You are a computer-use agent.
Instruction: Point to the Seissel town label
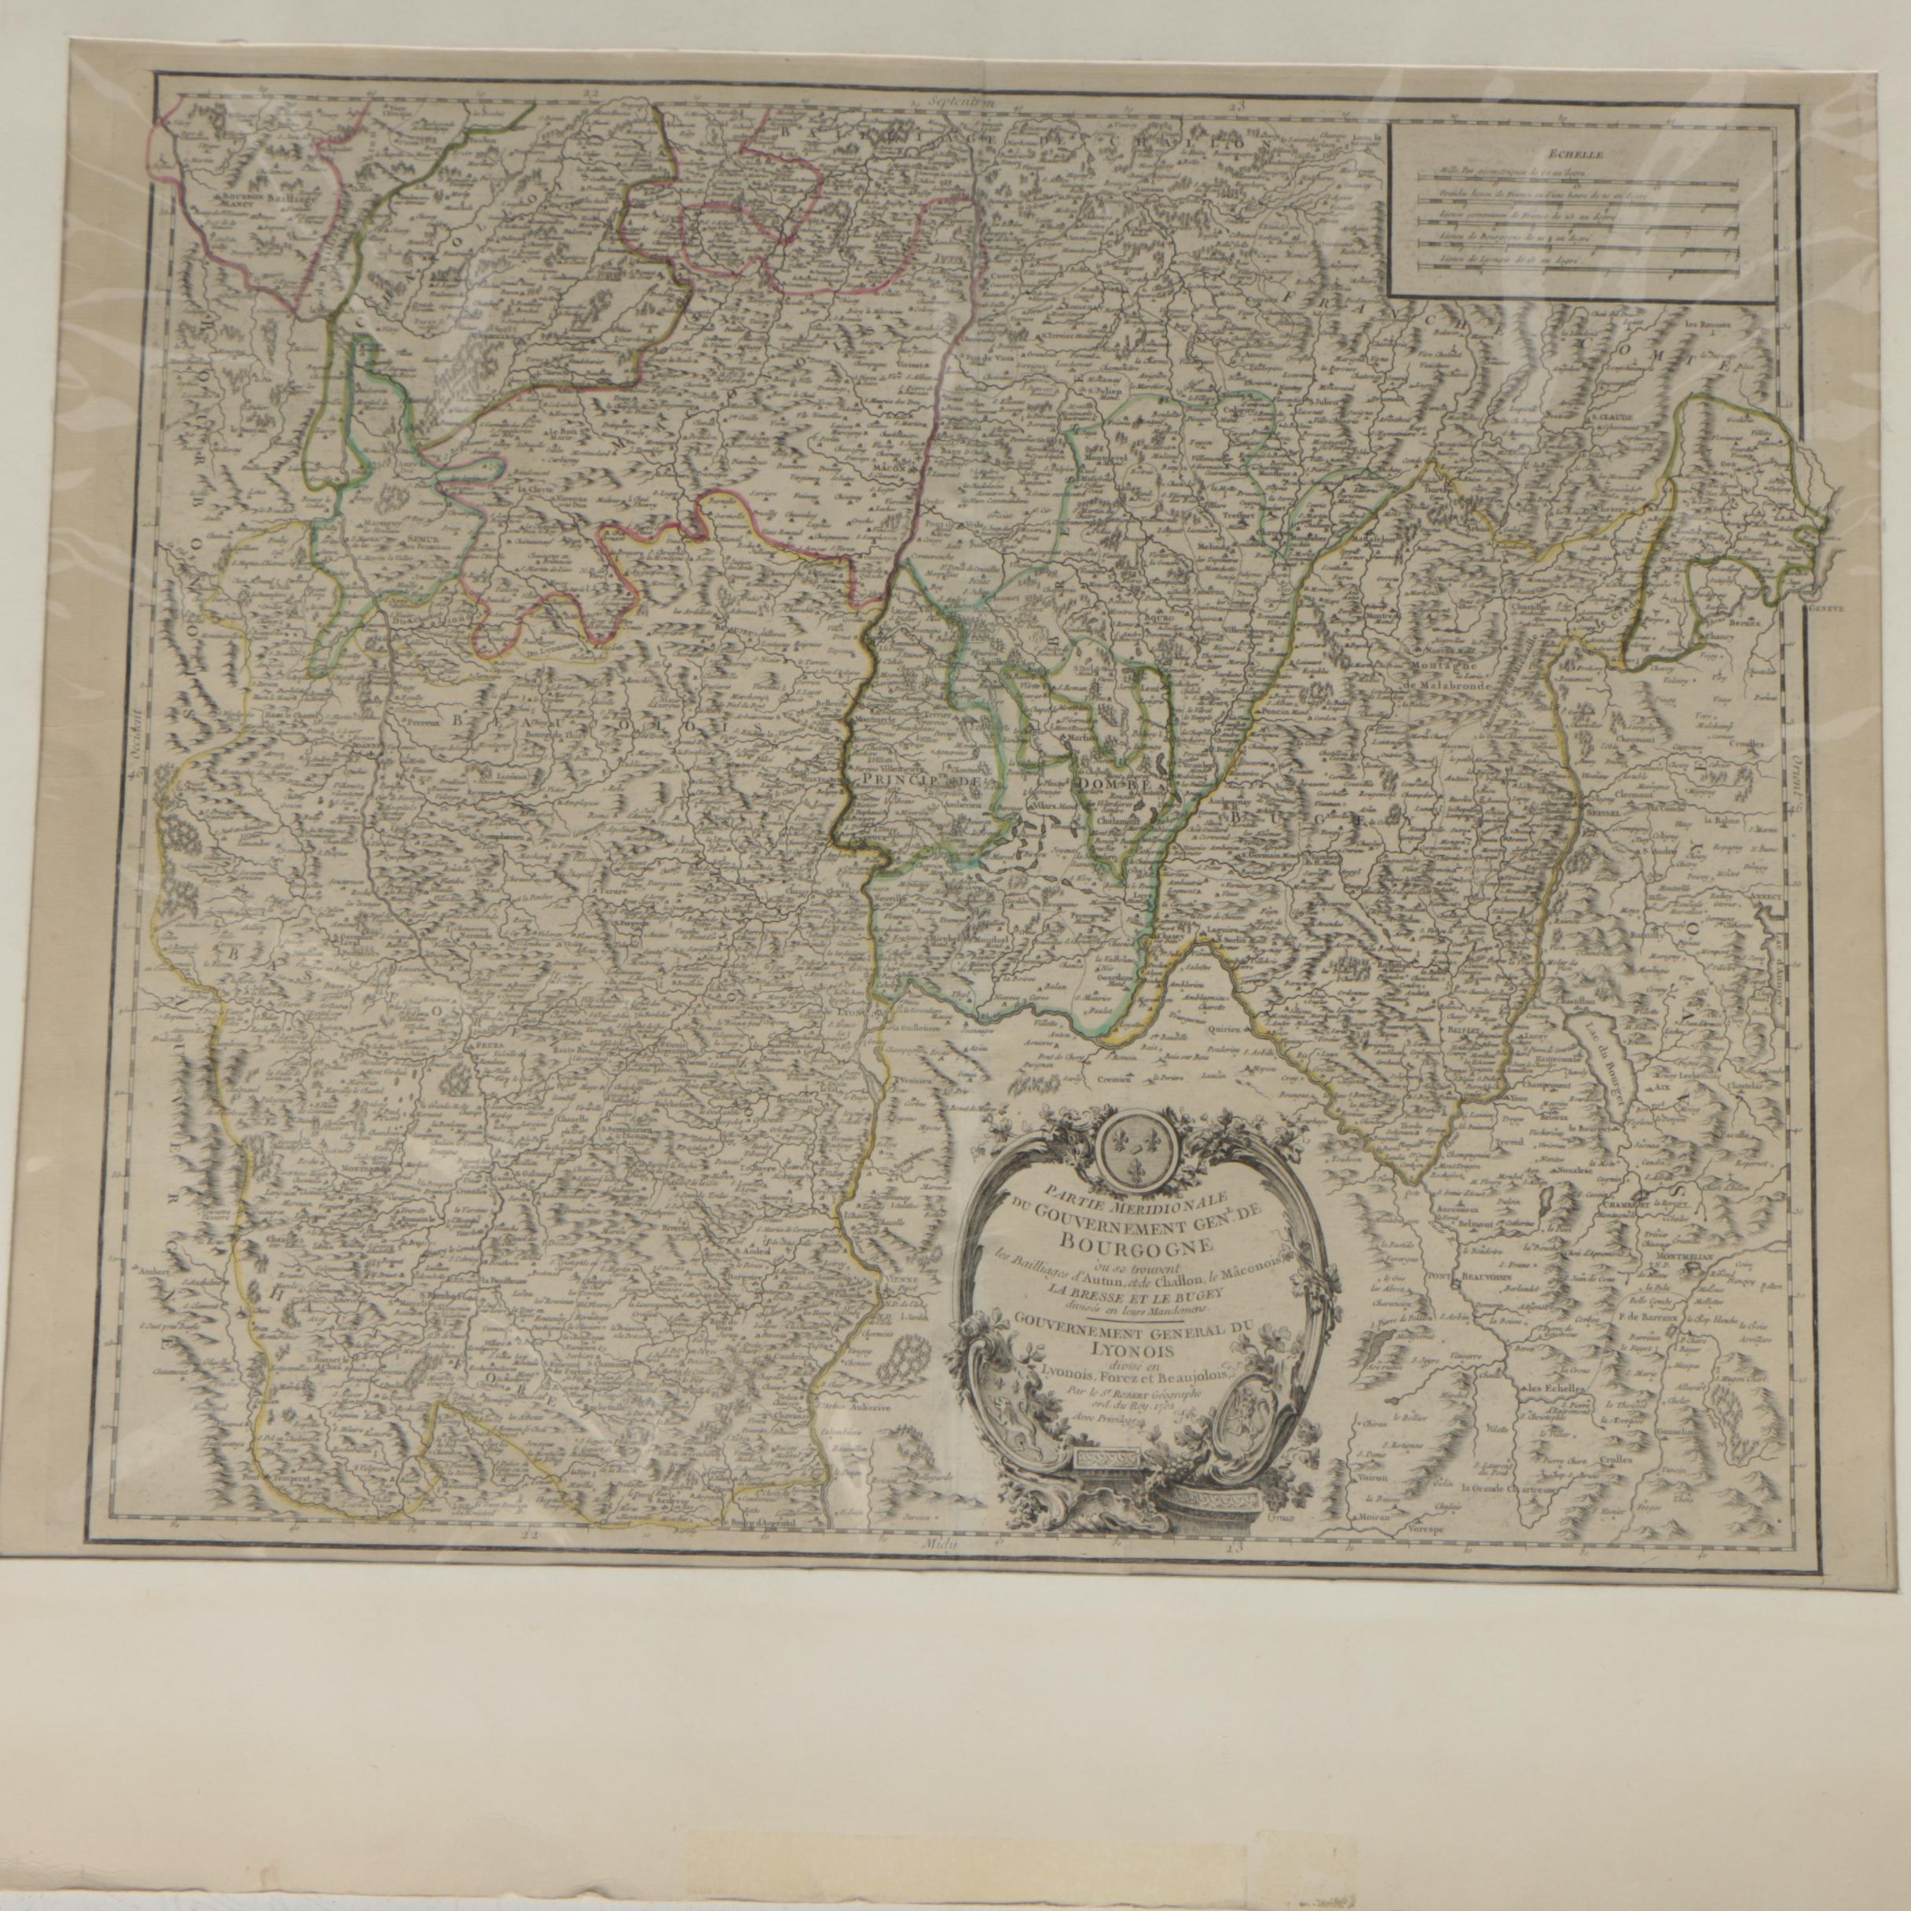1605,811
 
